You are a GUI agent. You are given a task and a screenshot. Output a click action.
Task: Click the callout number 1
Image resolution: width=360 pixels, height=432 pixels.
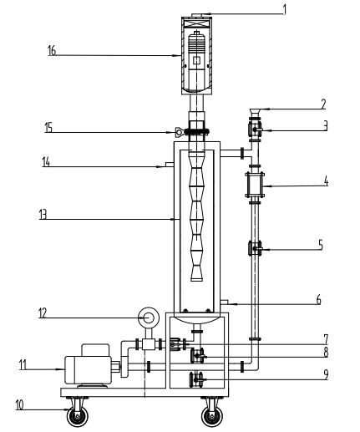pyautogui.click(x=284, y=9)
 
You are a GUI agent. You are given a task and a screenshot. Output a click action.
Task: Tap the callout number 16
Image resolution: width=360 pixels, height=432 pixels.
pyautogui.click(x=52, y=51)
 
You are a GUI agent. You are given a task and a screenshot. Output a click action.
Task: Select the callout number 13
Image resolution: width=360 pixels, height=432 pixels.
pyautogui.click(x=43, y=215)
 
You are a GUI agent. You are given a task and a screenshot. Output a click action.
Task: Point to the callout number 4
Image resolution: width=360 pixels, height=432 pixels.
pyautogui.click(x=326, y=181)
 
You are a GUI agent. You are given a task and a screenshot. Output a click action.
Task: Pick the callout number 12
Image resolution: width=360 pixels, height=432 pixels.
pyautogui.click(x=43, y=313)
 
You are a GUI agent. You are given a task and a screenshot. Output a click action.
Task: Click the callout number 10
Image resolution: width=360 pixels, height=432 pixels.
pyautogui.click(x=19, y=405)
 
